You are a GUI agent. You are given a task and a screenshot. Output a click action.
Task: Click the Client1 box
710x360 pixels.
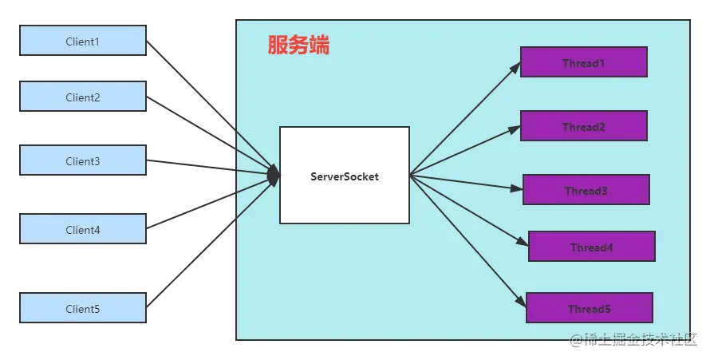point(83,42)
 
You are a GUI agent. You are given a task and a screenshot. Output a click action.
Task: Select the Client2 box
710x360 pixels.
point(83,97)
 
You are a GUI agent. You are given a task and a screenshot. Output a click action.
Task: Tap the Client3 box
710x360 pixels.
point(83,161)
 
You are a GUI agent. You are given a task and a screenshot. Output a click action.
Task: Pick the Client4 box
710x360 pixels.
point(83,229)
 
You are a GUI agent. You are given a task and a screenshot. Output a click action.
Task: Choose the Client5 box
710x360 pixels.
point(83,308)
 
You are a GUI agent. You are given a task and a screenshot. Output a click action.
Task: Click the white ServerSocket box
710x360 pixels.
point(344,175)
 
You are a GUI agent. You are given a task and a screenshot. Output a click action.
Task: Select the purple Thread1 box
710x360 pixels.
point(583,62)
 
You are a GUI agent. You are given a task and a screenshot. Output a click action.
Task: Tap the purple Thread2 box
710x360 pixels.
point(583,126)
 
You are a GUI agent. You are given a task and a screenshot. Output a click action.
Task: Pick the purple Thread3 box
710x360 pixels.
point(586,190)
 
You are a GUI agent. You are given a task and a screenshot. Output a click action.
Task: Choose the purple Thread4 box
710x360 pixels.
point(591,247)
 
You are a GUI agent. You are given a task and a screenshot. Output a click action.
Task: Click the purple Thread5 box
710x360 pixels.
point(589,308)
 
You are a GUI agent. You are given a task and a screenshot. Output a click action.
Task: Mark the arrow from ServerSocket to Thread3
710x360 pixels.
point(467,182)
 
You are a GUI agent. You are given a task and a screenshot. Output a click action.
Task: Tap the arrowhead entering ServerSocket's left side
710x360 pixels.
point(274,174)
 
